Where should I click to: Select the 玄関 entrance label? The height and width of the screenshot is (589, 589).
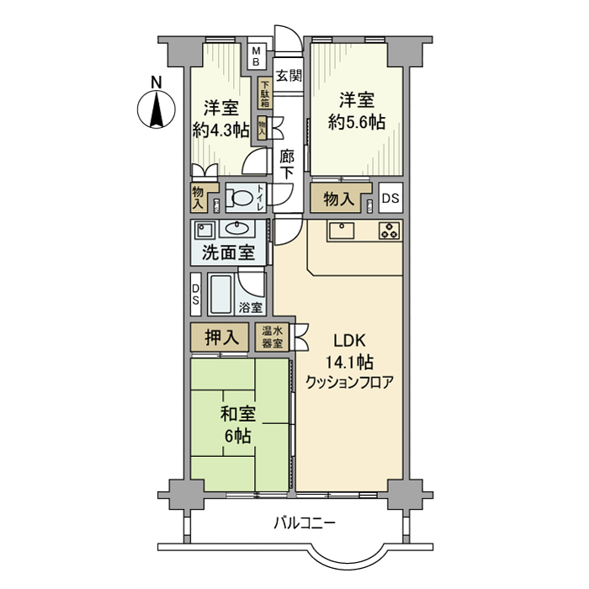289,75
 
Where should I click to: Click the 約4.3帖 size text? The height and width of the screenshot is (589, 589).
220,130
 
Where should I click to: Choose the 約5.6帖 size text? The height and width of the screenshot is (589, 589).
356,122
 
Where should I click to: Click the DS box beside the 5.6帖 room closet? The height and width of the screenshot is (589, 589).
390,199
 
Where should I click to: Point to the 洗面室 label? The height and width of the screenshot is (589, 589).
228,252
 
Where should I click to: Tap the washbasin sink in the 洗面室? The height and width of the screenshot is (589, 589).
239,230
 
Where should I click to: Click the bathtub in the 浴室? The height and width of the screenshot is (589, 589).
222,294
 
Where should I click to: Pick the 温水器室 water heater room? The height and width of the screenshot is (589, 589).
273,337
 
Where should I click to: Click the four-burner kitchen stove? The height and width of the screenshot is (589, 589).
389,231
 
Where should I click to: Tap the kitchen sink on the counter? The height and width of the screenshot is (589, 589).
342,230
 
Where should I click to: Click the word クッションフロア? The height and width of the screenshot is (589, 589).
349,381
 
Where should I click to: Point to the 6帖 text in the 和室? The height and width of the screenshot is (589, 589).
238,436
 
